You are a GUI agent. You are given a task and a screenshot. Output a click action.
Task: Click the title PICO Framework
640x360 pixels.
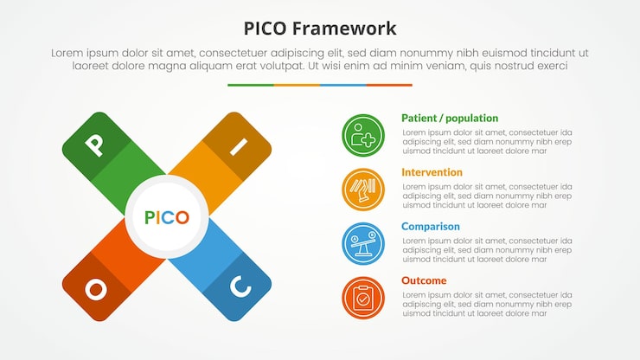point(320,28)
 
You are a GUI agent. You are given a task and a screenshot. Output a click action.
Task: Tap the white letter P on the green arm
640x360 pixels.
point(95,145)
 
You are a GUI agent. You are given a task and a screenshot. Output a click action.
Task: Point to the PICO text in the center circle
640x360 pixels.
point(167,217)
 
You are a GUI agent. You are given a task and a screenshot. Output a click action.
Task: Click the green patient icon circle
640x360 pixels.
point(363,136)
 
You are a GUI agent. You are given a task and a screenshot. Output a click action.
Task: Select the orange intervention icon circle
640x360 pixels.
point(363,190)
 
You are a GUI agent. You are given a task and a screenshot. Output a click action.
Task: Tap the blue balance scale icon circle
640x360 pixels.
point(363,244)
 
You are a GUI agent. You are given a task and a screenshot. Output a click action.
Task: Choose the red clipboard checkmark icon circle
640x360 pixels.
point(363,298)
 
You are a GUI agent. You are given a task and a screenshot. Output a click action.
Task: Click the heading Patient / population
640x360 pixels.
point(449,118)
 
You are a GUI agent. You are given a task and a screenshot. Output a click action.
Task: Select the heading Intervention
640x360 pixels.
point(432,172)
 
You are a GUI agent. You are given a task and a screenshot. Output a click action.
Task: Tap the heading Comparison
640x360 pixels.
point(430,227)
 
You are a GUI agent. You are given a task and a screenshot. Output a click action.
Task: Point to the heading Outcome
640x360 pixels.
point(424,280)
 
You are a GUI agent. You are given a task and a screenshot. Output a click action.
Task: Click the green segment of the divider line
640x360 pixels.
point(251,85)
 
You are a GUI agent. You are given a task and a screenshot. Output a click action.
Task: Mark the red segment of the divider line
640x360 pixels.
point(389,85)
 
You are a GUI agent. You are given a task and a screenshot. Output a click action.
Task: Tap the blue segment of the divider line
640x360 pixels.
point(343,85)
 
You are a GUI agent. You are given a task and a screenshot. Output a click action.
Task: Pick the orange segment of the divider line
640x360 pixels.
point(297,85)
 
